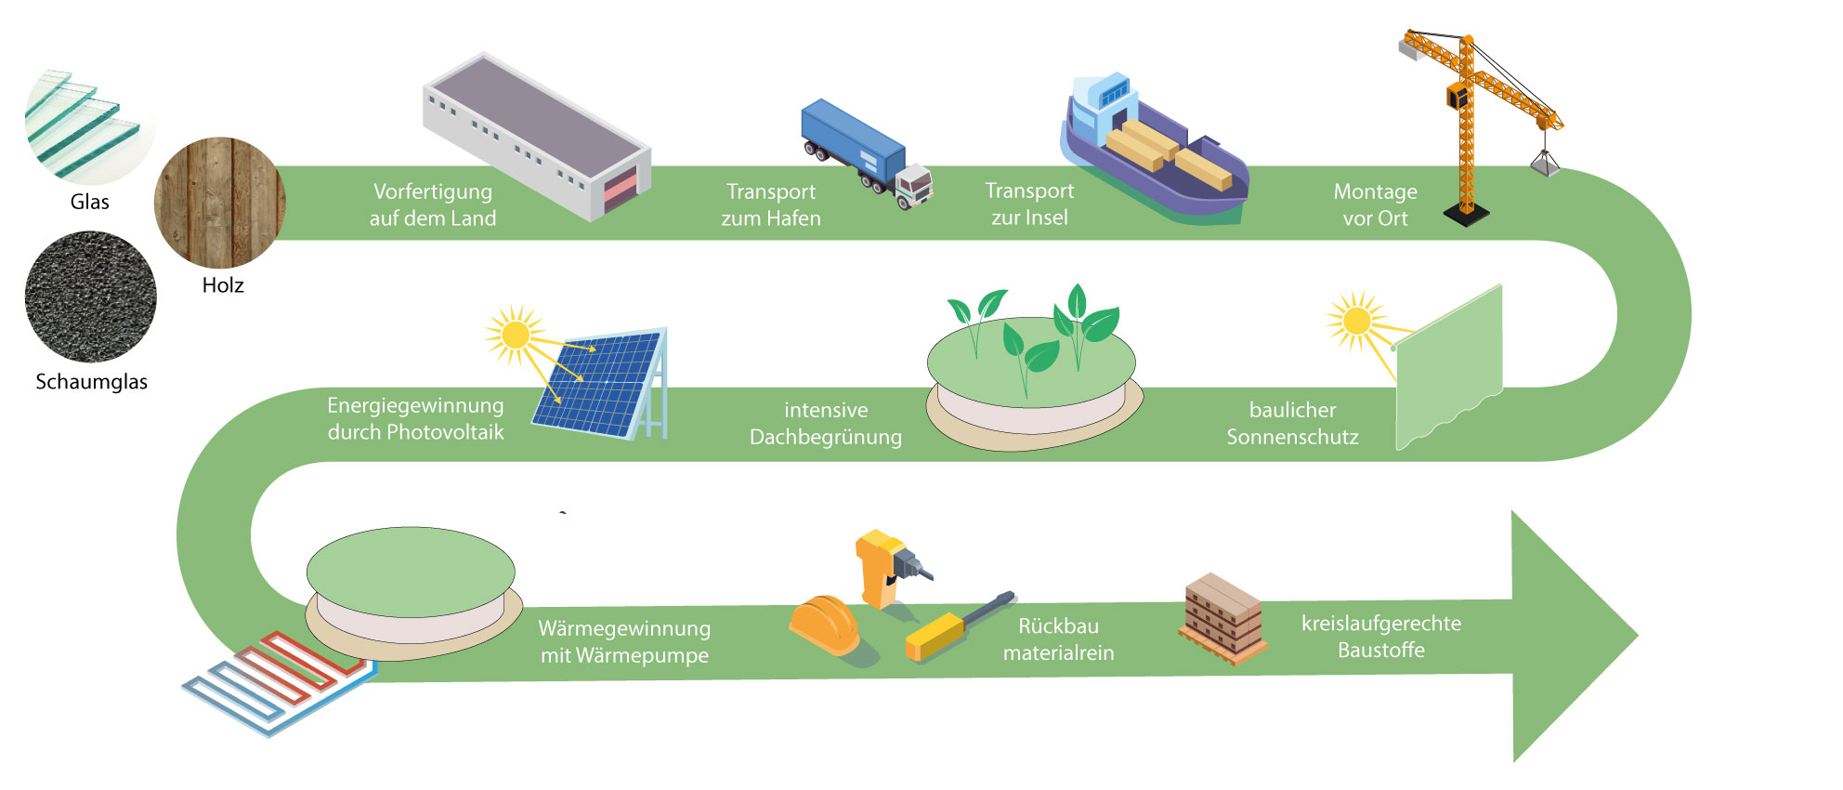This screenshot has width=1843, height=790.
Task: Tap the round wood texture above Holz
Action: pyautogui.click(x=220, y=203)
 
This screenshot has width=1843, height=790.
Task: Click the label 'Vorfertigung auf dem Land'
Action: pyautogui.click(x=433, y=204)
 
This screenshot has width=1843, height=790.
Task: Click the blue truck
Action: pyautogui.click(x=864, y=154)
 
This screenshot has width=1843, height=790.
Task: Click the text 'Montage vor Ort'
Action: pyautogui.click(x=1375, y=204)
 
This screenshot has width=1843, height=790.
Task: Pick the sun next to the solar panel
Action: pyautogui.click(x=514, y=334)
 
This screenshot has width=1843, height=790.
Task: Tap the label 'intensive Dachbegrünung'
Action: pyautogui.click(x=826, y=423)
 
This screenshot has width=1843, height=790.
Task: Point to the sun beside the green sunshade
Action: pyautogui.click(x=1356, y=321)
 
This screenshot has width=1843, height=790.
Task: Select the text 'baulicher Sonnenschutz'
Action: pyautogui.click(x=1292, y=423)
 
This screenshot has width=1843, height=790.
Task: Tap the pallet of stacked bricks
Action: pyautogui.click(x=1222, y=618)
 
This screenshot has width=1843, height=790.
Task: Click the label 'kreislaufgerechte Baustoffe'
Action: pyautogui.click(x=1380, y=637)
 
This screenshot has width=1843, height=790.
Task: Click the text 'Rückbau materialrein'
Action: pyautogui.click(x=1058, y=639)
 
